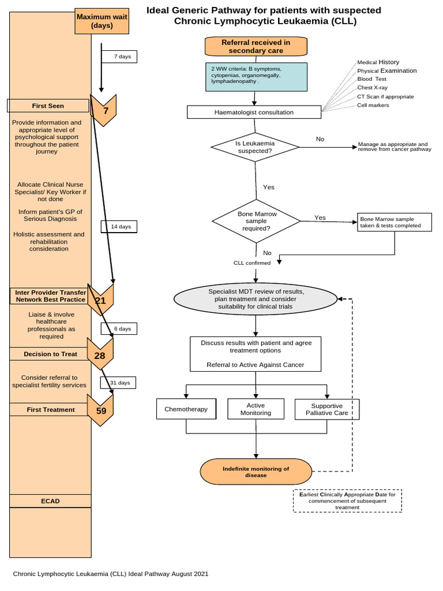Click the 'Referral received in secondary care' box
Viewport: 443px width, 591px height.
256,46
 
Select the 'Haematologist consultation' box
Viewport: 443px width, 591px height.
254,112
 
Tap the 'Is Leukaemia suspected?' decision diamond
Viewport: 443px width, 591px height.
255,147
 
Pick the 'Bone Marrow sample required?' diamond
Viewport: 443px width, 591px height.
256,221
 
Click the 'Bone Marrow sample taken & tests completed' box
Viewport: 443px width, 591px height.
395,222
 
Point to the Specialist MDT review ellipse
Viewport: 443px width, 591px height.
256,299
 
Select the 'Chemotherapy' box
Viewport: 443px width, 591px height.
186,409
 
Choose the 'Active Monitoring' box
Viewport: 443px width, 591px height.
256,409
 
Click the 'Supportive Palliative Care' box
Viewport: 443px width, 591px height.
326,409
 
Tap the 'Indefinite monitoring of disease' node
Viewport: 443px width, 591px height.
256,472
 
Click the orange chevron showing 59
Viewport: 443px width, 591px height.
100,410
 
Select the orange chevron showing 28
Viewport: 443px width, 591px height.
100,355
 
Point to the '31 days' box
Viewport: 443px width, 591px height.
120,383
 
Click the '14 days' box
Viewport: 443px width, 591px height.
120,227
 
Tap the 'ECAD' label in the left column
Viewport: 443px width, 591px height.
50,501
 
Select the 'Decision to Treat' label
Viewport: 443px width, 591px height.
50,354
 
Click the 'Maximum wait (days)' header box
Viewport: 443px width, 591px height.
102,21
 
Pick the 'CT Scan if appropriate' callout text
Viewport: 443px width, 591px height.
385,96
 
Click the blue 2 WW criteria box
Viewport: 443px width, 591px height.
256,76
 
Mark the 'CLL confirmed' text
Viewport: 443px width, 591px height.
251,263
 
